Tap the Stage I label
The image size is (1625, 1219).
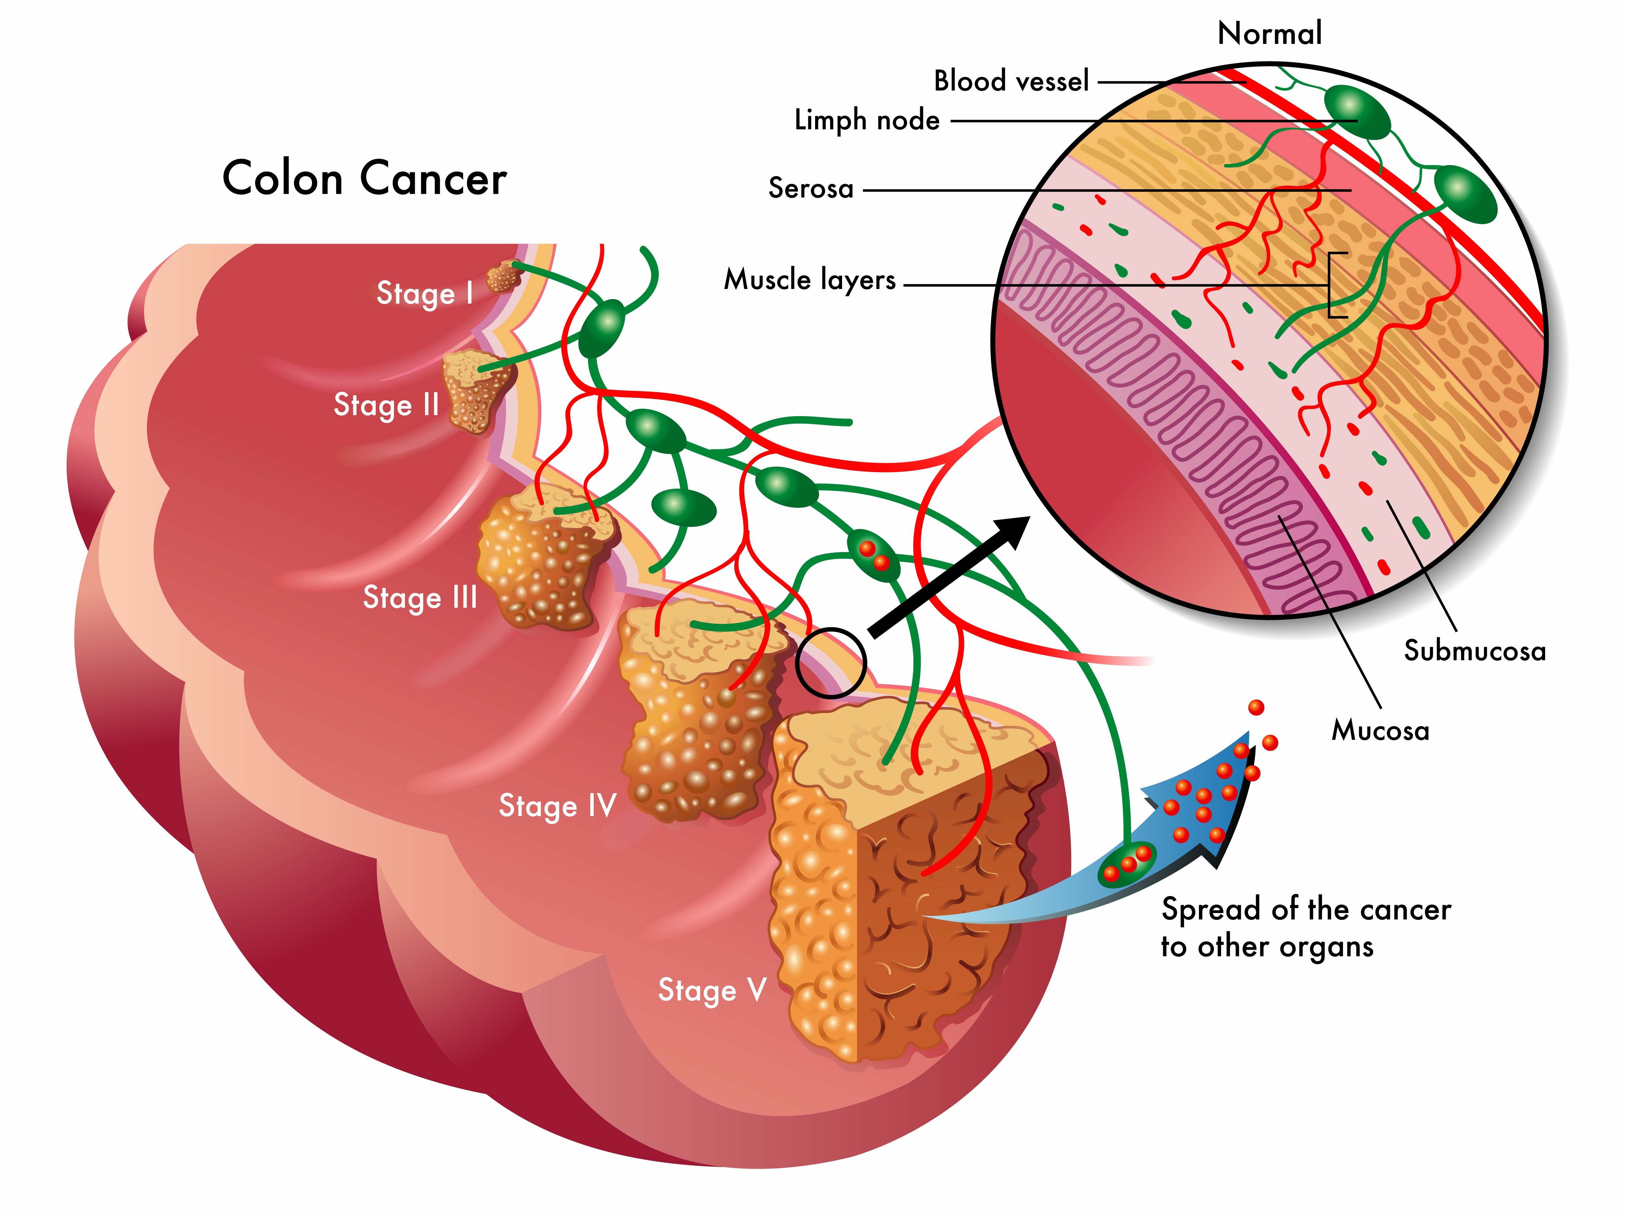coord(425,293)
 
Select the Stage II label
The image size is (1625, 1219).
coord(386,405)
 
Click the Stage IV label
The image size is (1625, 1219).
coord(557,806)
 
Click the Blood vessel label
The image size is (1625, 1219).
coord(1011,81)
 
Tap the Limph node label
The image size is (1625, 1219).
coord(867,120)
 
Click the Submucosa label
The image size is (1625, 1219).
coord(1475,651)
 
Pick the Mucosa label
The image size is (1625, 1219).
coord(1380,730)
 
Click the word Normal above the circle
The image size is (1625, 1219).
coord(1269,33)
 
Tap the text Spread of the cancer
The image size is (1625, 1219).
coord(1306,910)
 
